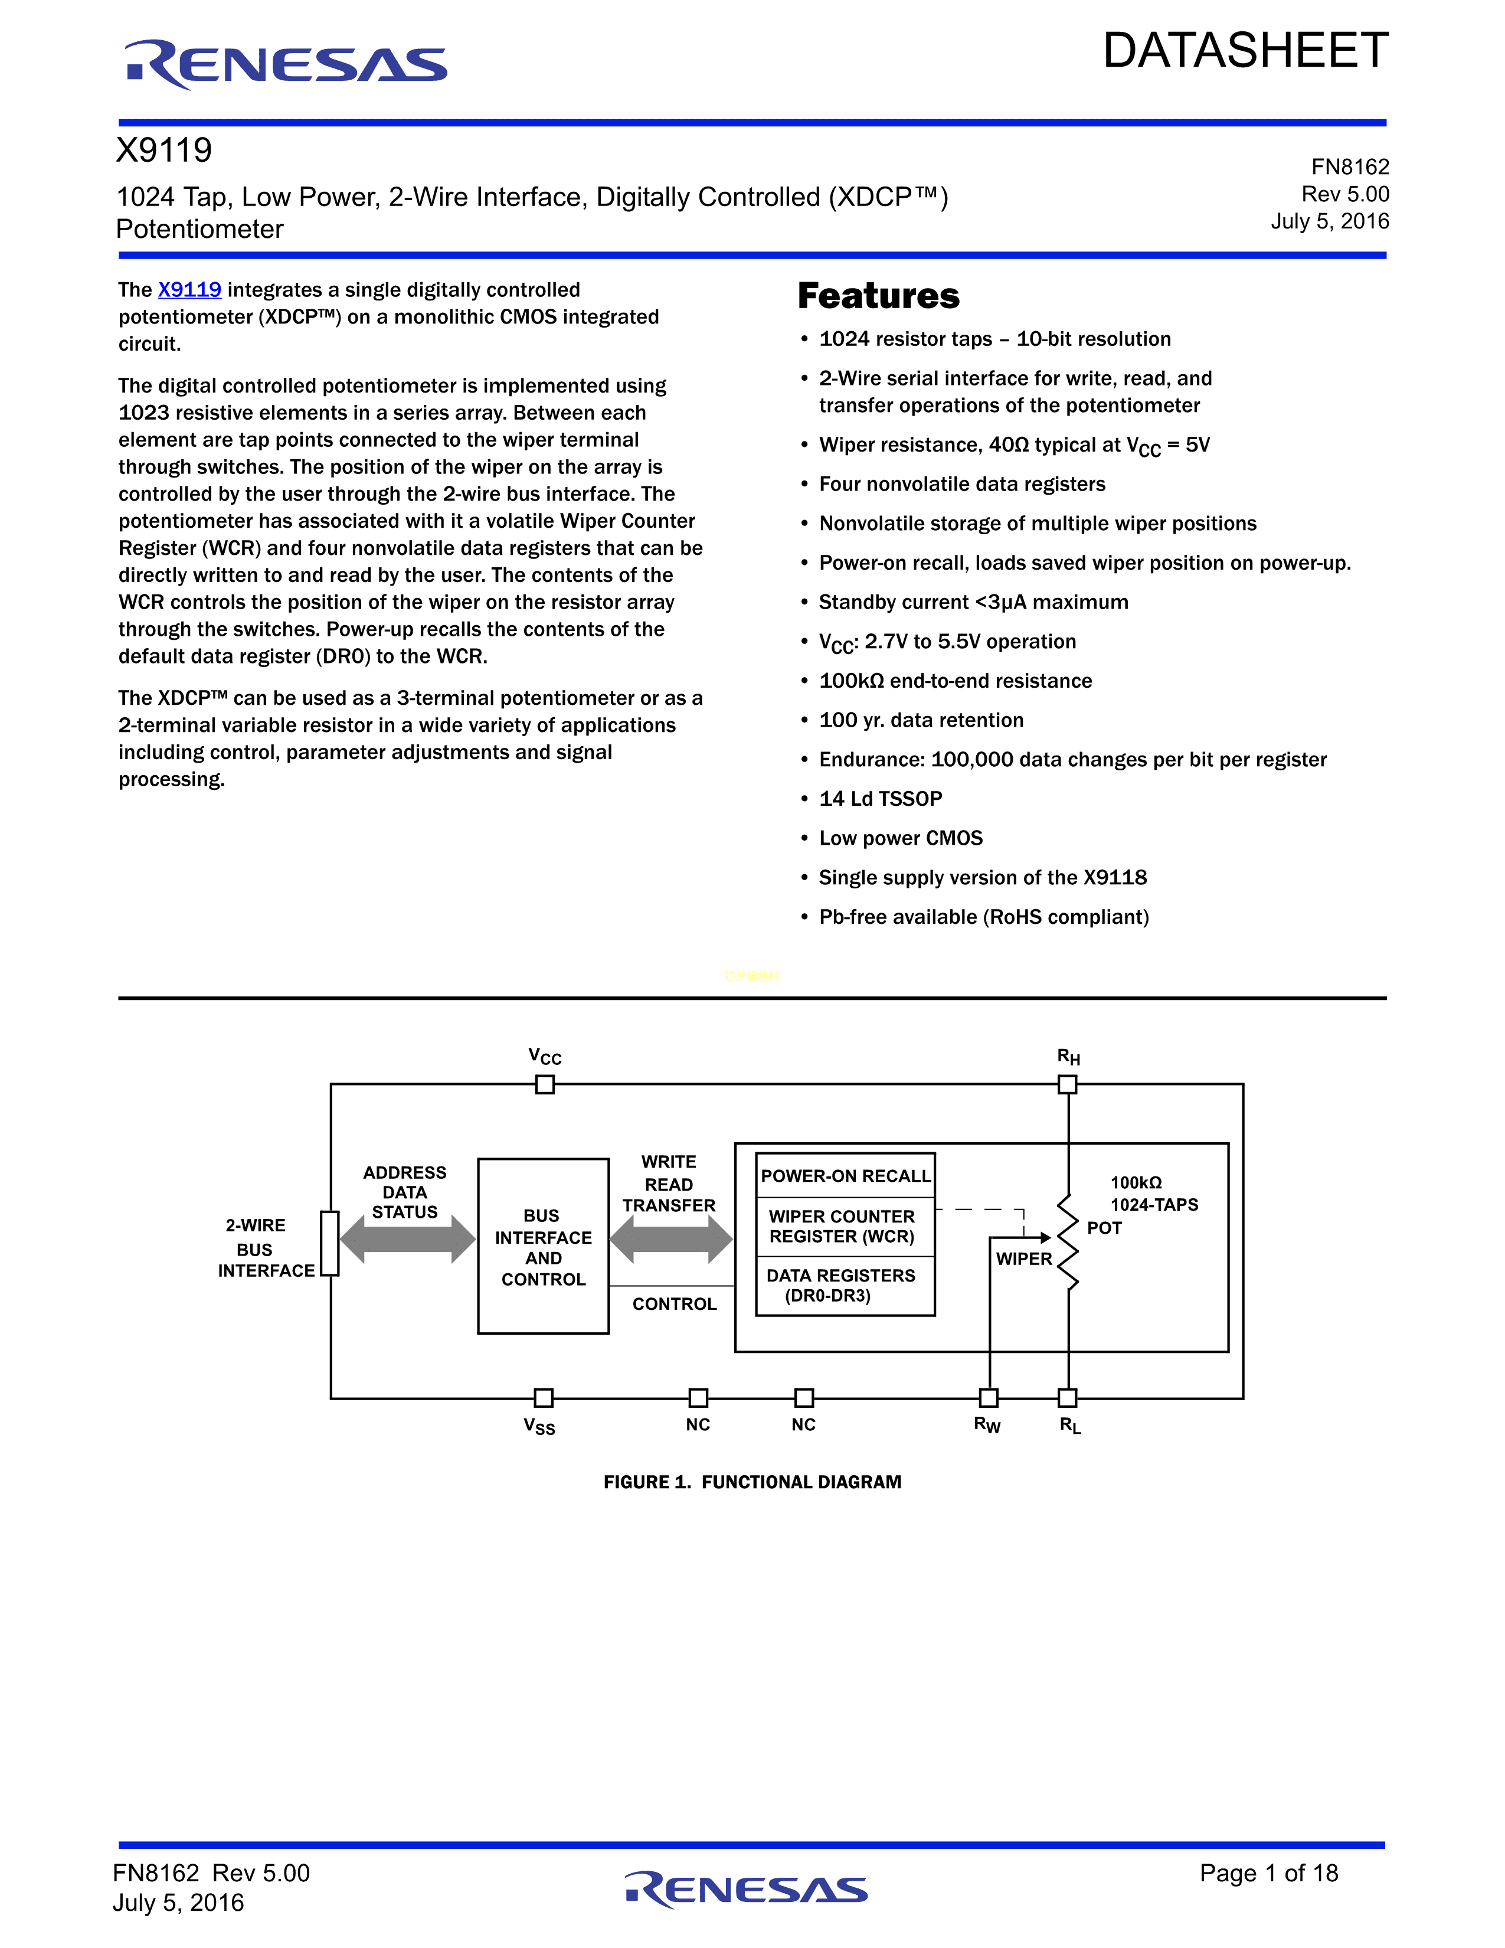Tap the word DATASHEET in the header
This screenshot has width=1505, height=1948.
point(1245,51)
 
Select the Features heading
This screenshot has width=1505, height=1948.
point(878,296)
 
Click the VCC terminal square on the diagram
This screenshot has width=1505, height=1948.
point(545,1084)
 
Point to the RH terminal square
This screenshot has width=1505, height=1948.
point(1067,1084)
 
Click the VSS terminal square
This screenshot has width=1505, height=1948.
point(543,1398)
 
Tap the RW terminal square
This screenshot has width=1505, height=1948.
point(989,1398)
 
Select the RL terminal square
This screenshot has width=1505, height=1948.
point(1067,1398)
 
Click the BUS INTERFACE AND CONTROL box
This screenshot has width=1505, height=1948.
point(543,1246)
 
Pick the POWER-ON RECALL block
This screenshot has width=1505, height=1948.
point(845,1175)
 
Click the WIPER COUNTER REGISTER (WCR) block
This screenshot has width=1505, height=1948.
point(843,1227)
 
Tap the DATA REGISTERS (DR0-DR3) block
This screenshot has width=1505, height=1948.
point(841,1285)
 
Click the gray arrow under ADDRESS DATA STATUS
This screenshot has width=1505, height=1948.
point(407,1239)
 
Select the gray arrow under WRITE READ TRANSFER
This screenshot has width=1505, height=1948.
point(670,1239)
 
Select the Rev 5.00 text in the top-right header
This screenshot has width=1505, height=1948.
point(1344,194)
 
